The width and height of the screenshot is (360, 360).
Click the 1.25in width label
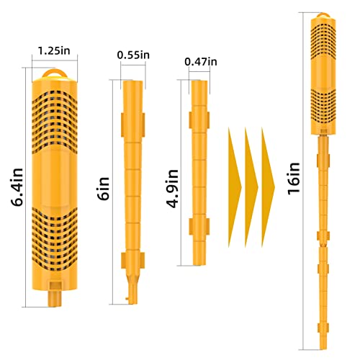(x=54, y=51)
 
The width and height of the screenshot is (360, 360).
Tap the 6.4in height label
(x=17, y=187)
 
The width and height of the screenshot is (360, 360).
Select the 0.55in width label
(x=133, y=55)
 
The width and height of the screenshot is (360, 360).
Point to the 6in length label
(x=104, y=189)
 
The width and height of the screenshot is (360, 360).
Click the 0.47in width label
(x=201, y=62)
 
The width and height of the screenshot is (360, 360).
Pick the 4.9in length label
(x=172, y=189)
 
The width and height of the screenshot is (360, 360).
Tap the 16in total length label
(x=294, y=178)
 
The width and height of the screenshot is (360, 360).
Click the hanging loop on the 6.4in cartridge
(x=55, y=73)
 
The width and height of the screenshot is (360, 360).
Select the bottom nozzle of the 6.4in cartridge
(x=55, y=299)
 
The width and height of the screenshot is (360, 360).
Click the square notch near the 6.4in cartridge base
(x=55, y=286)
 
